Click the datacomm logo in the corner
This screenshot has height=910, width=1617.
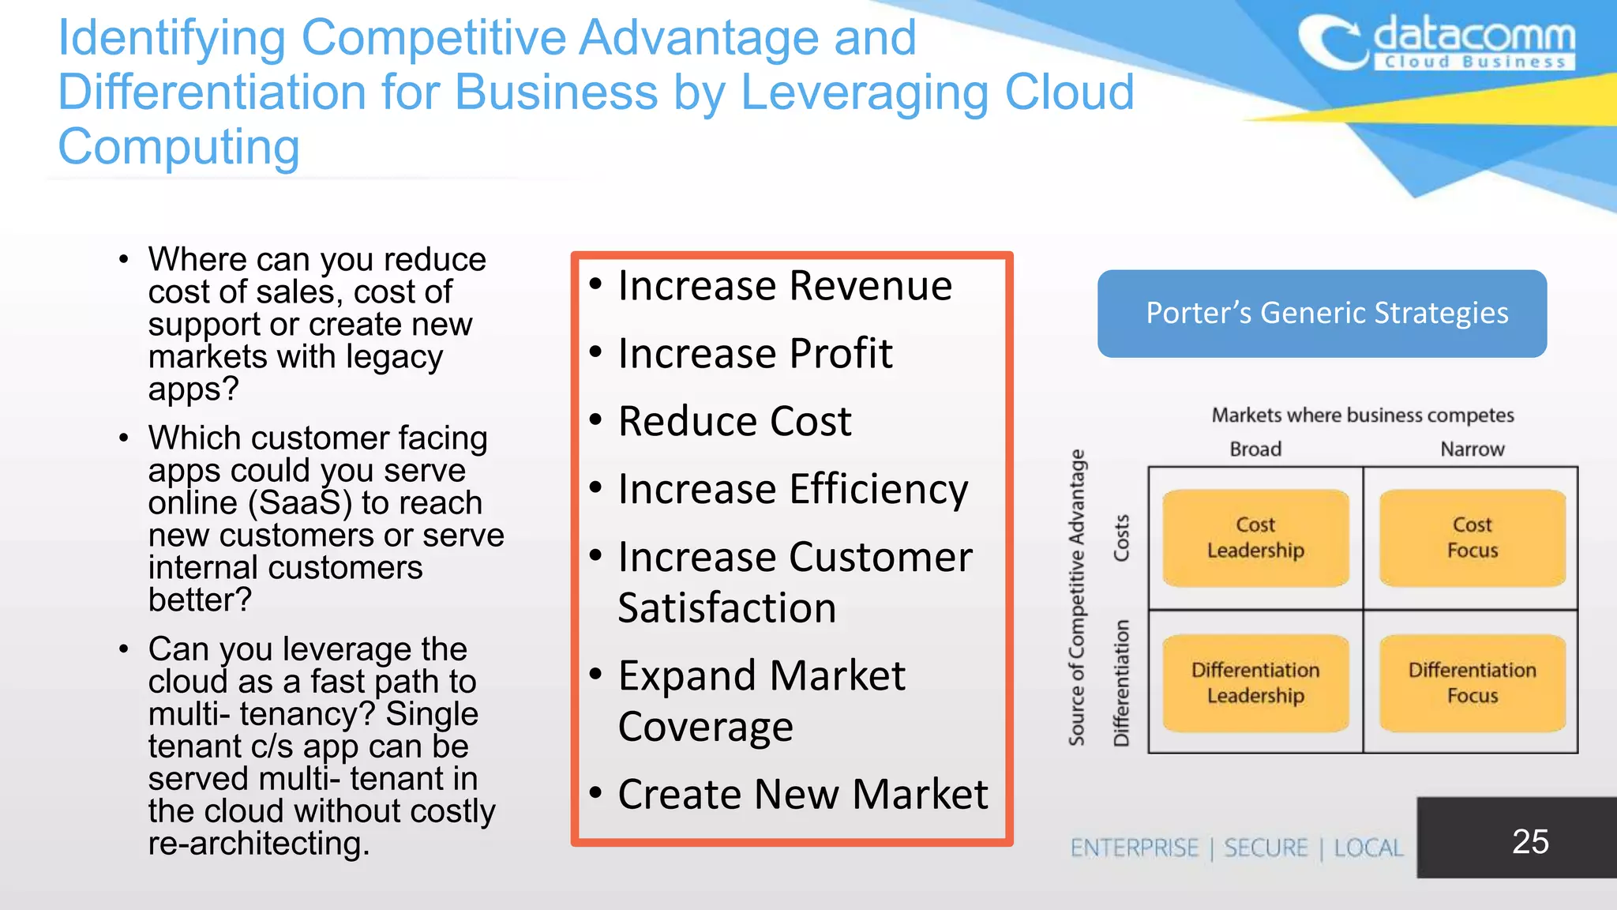[1437, 43]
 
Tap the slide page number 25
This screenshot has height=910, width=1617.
[1529, 841]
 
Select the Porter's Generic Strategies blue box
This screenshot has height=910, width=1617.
[1322, 314]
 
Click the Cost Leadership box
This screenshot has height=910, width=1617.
[1255, 538]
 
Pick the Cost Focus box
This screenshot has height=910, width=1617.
[1472, 538]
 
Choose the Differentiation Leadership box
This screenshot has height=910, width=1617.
[1255, 683]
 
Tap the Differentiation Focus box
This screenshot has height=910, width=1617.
[1472, 683]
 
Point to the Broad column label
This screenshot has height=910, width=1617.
[1255, 449]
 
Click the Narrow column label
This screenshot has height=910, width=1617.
[1472, 449]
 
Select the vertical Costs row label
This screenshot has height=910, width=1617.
[1121, 538]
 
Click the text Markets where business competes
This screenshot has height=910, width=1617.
[1363, 416]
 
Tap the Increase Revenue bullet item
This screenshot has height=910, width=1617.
[785, 286]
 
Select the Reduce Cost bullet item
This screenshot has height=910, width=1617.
[734, 422]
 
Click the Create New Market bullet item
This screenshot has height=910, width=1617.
[802, 795]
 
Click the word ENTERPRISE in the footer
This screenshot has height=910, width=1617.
[1135, 848]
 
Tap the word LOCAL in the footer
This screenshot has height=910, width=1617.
[1368, 848]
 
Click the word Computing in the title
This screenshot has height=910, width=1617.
[179, 147]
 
